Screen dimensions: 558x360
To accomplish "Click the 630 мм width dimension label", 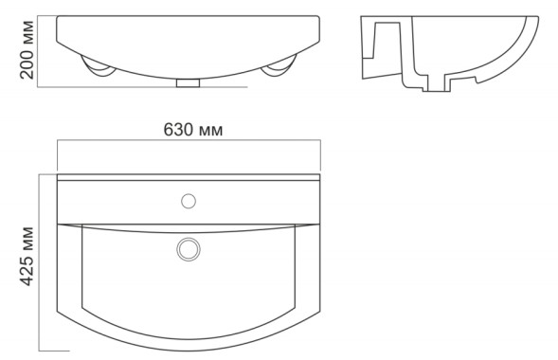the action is [193, 130].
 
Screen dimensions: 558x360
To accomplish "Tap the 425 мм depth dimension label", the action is [27, 256].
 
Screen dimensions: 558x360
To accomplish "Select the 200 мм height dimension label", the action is [27, 50].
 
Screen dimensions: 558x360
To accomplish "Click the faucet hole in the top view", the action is [189, 201].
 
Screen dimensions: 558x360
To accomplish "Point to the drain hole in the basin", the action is [189, 249].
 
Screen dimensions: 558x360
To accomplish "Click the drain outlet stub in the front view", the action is [189, 82].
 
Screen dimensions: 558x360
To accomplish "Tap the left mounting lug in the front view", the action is [98, 67].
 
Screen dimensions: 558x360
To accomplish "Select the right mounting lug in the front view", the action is [279, 67].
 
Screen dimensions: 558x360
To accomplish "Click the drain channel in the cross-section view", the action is [437, 82].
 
